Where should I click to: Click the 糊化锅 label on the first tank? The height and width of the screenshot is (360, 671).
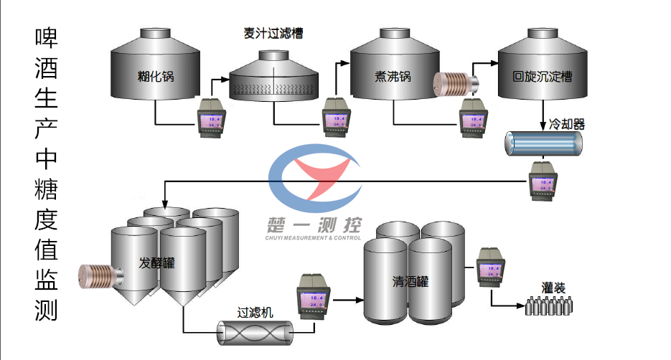(156, 76)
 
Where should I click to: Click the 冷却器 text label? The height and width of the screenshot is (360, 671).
(567, 124)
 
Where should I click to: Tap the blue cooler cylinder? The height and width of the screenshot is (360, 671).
(543, 143)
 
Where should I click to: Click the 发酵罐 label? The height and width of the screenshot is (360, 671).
(157, 262)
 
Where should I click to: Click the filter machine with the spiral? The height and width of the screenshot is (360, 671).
(256, 333)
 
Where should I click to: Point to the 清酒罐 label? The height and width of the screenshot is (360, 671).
(410, 281)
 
